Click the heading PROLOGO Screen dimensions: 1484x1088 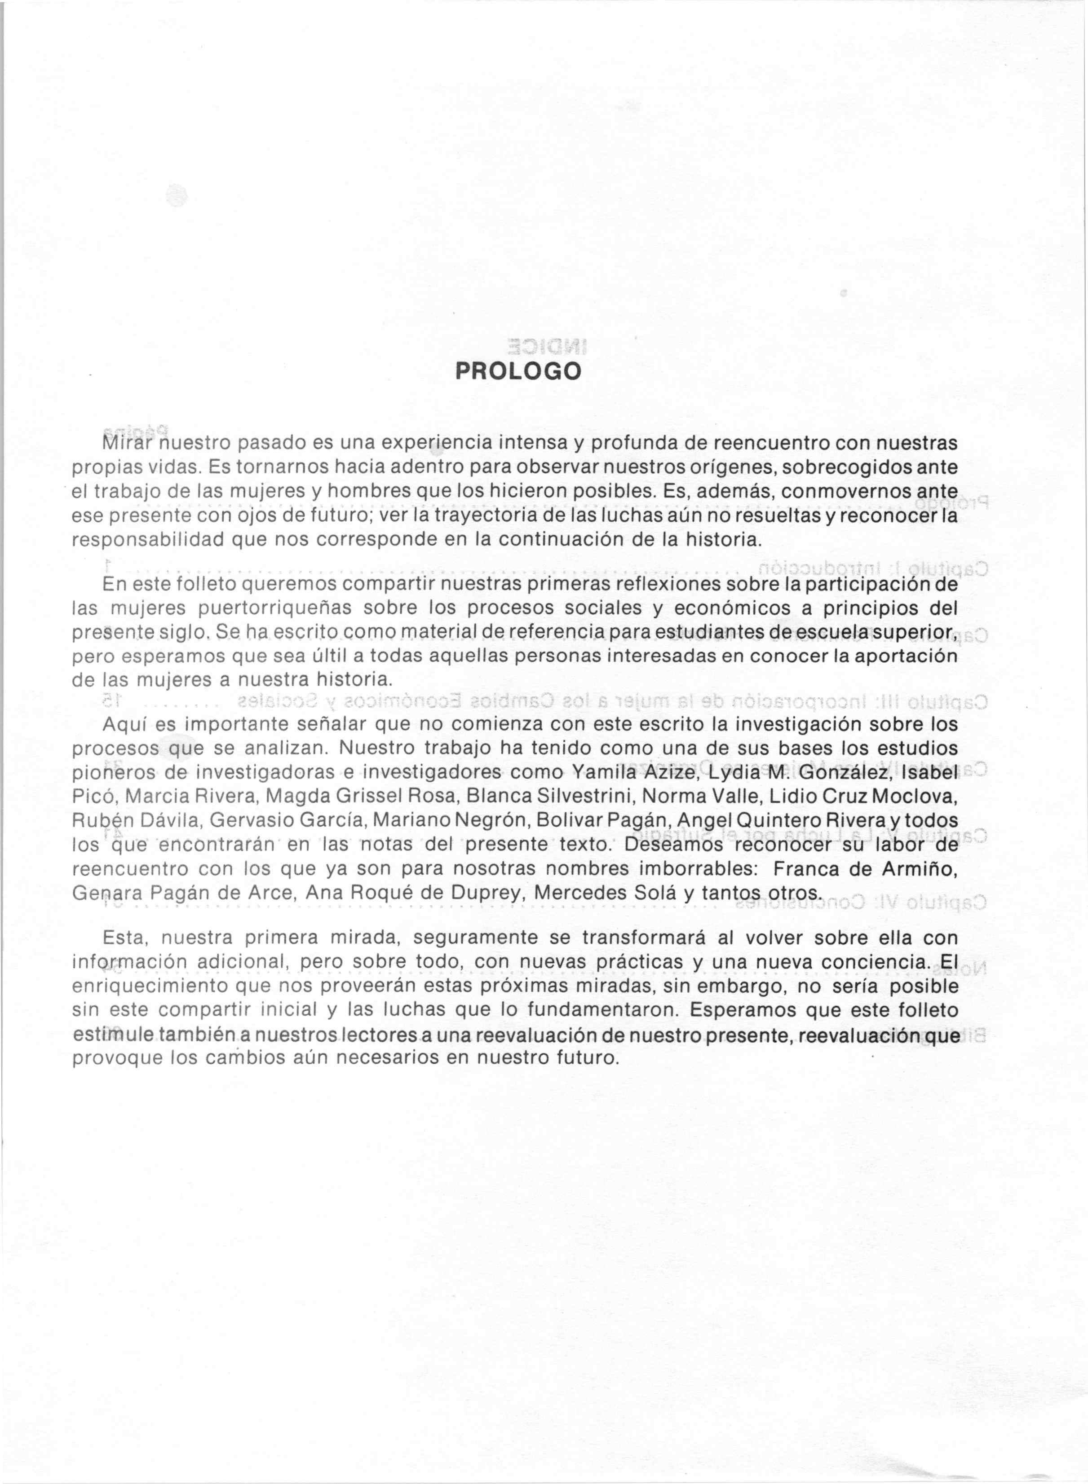tap(518, 372)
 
